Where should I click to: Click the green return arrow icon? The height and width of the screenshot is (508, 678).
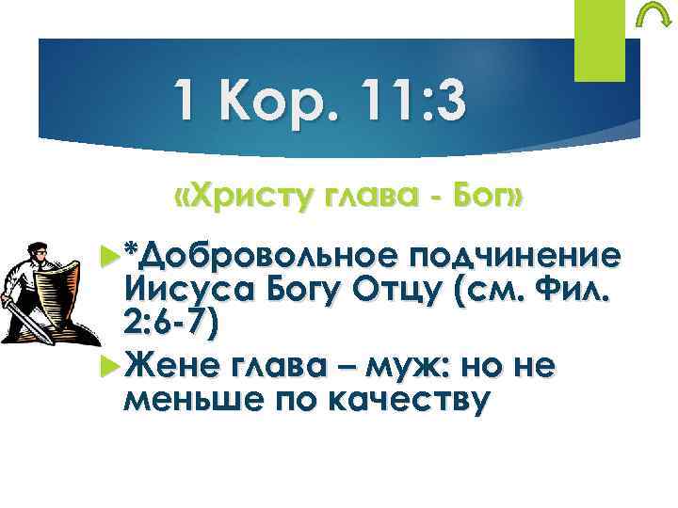[x=649, y=18]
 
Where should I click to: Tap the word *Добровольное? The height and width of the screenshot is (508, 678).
[x=249, y=255]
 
